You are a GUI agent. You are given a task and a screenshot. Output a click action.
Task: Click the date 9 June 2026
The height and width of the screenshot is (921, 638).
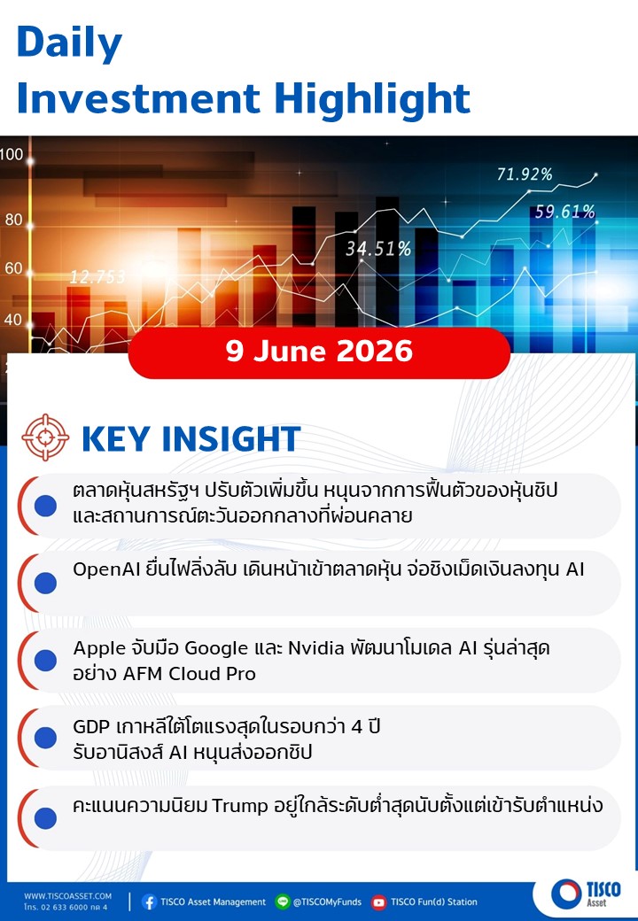319,352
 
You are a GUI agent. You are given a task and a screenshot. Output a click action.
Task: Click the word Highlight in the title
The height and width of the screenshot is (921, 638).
372,97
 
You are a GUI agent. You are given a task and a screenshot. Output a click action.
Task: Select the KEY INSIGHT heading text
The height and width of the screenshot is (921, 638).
191,438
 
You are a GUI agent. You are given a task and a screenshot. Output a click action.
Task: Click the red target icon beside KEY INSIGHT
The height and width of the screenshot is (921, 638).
45,437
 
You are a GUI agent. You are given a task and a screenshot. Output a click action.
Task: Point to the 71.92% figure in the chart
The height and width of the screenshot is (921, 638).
525,174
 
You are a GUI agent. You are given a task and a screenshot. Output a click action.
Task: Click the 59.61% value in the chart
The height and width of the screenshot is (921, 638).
564,212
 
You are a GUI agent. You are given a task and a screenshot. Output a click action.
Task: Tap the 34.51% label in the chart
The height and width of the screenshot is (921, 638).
378,249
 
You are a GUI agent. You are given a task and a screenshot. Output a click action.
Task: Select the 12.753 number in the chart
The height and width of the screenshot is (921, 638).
97,276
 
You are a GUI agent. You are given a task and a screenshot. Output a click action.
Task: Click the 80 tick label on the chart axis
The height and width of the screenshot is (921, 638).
13,220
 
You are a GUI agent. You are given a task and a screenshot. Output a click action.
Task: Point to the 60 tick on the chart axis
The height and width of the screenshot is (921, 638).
13,268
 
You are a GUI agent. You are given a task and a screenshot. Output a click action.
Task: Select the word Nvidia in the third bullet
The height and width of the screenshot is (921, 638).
315,648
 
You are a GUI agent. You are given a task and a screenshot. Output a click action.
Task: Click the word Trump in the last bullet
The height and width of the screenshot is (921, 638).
239,805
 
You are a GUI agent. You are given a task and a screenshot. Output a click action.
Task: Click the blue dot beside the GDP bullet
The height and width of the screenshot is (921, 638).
45,738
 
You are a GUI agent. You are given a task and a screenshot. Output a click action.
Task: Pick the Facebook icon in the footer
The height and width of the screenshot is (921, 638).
149,902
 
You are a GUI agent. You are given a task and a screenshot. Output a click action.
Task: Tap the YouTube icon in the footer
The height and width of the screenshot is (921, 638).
379,902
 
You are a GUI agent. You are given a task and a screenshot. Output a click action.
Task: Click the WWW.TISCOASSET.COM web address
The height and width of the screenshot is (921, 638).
67,895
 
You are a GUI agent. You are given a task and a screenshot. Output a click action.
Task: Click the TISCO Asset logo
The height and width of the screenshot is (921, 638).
586,893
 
